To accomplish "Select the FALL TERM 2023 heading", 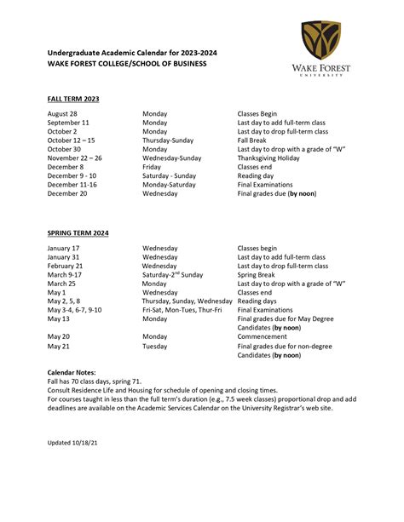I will (73, 99).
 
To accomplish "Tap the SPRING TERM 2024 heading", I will (78, 232).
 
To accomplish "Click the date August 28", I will (62, 113).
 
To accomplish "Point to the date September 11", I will (69, 123).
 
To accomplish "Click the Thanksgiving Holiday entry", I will (268, 158).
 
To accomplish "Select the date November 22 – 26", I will (75, 158).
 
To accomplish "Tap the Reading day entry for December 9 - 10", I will (259, 175).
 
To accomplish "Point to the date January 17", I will (64, 248).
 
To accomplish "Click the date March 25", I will (63, 283).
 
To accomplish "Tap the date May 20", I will (59, 336).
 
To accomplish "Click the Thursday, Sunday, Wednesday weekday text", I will (187, 301).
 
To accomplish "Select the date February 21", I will (66, 266).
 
